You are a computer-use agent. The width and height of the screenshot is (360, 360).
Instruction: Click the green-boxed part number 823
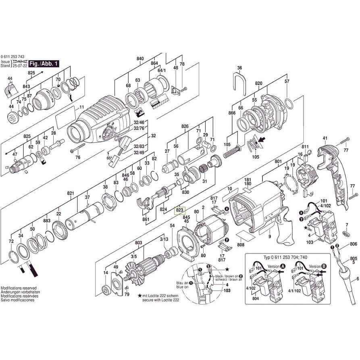tap(179, 210)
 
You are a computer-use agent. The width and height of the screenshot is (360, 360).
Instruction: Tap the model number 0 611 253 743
tap(15, 56)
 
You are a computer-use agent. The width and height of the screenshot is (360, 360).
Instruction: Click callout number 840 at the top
tap(140, 59)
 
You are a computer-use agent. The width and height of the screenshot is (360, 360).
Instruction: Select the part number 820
tap(258, 83)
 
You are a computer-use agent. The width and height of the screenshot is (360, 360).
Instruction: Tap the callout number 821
tap(71, 194)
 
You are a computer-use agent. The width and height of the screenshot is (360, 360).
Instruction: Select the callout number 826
tap(185, 126)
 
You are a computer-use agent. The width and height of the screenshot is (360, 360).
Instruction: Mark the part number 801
tap(278, 162)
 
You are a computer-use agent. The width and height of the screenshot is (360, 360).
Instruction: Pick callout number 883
tap(47, 221)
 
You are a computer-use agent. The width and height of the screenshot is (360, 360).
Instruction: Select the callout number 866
tap(232, 113)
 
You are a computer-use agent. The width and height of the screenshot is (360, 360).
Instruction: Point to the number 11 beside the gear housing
tap(81, 107)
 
